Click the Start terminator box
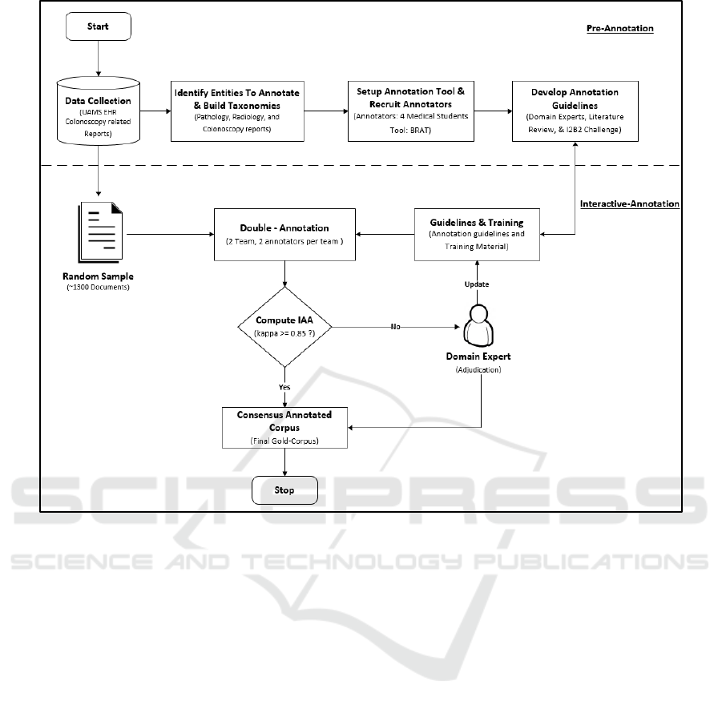tap(98, 26)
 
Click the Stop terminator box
tap(284, 490)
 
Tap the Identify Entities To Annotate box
tap(237, 111)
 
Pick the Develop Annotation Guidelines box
tap(575, 111)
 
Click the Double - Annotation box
tap(284, 234)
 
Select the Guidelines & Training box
tap(478, 234)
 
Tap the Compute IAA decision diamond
tap(285, 327)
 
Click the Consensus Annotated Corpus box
tap(284, 427)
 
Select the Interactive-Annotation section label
tap(630, 203)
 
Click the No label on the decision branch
tap(395, 327)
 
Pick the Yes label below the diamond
tap(284, 387)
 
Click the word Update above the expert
tap(478, 284)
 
